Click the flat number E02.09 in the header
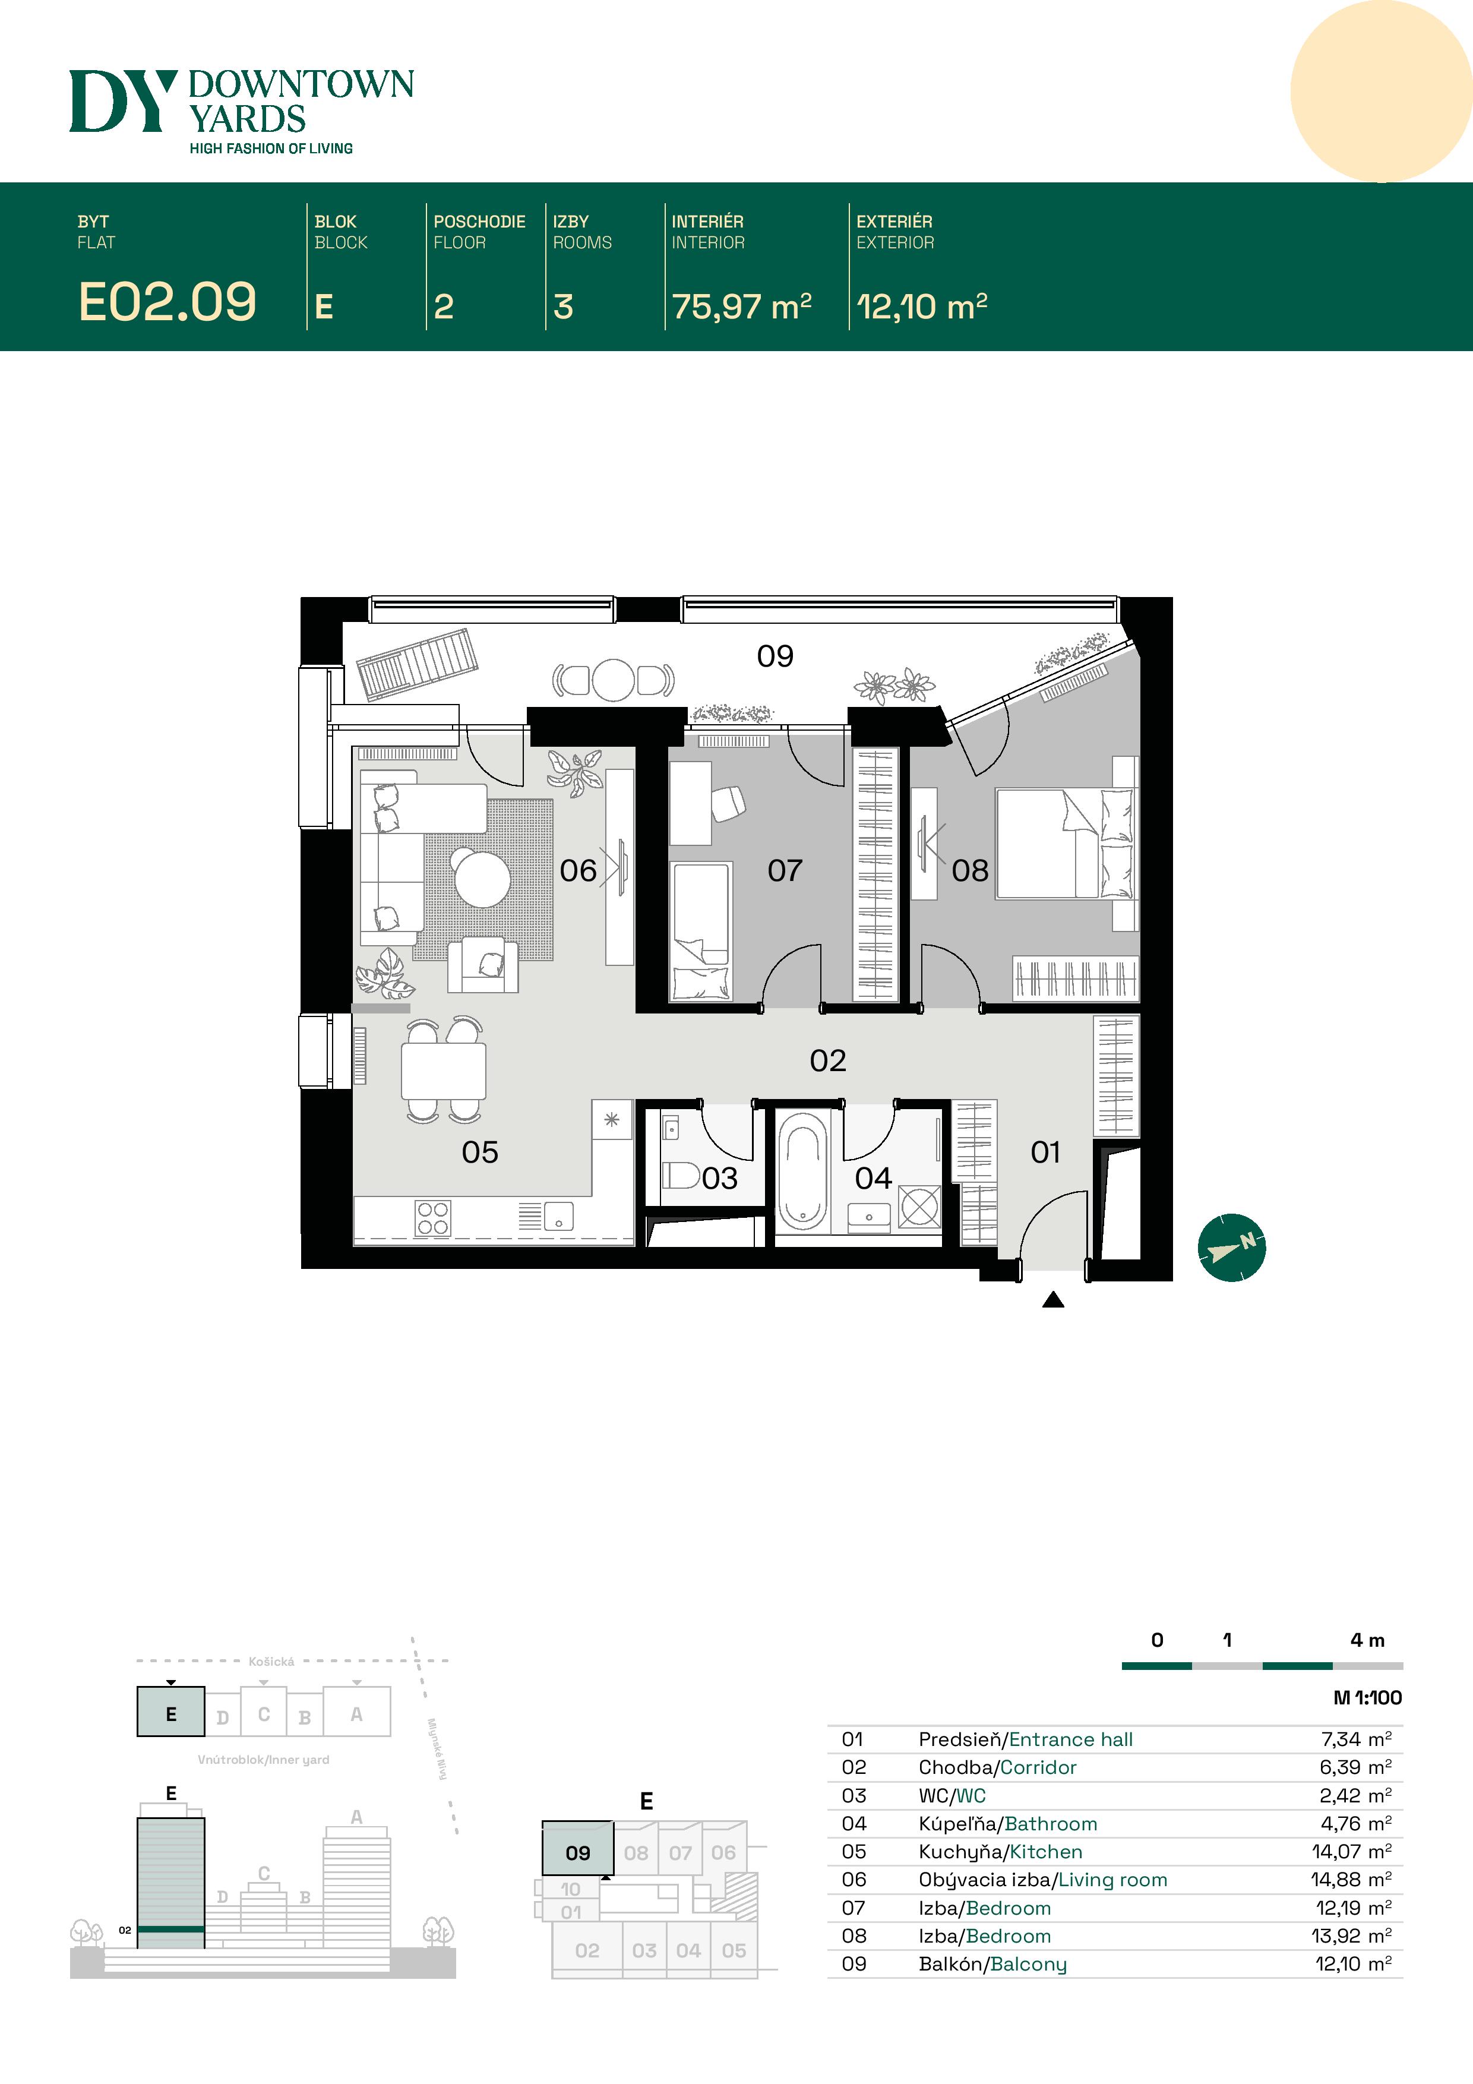point(167,302)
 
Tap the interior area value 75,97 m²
point(741,306)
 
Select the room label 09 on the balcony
point(775,655)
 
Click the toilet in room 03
point(681,1176)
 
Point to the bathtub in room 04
point(802,1171)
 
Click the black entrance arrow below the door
point(1053,1300)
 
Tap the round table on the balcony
point(614,680)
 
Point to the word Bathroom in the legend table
point(1051,1824)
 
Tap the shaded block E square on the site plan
point(170,1712)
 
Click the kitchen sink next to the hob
point(558,1216)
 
